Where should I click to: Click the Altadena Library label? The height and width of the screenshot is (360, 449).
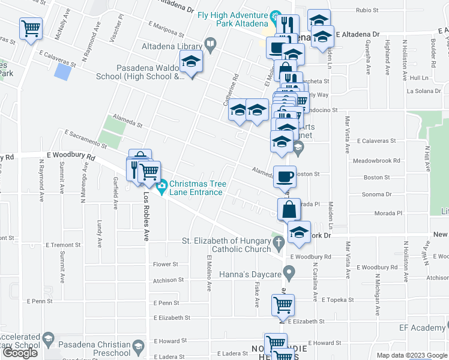pyautogui.click(x=172, y=46)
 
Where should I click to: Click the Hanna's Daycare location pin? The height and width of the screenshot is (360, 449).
pyautogui.click(x=289, y=274)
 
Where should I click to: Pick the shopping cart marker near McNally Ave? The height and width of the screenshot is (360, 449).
pyautogui.click(x=30, y=28)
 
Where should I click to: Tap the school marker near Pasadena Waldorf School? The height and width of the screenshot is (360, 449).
pyautogui.click(x=191, y=62)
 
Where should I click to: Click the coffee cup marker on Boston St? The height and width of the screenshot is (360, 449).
pyautogui.click(x=285, y=176)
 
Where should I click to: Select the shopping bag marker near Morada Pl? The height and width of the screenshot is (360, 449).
pyautogui.click(x=289, y=209)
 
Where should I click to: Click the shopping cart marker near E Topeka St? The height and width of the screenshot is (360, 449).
pyautogui.click(x=283, y=305)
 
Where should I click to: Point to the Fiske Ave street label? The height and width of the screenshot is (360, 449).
pyautogui.click(x=256, y=294)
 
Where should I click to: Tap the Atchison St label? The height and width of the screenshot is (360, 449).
pyautogui.click(x=168, y=280)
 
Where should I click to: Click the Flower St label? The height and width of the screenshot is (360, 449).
pyautogui.click(x=166, y=264)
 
